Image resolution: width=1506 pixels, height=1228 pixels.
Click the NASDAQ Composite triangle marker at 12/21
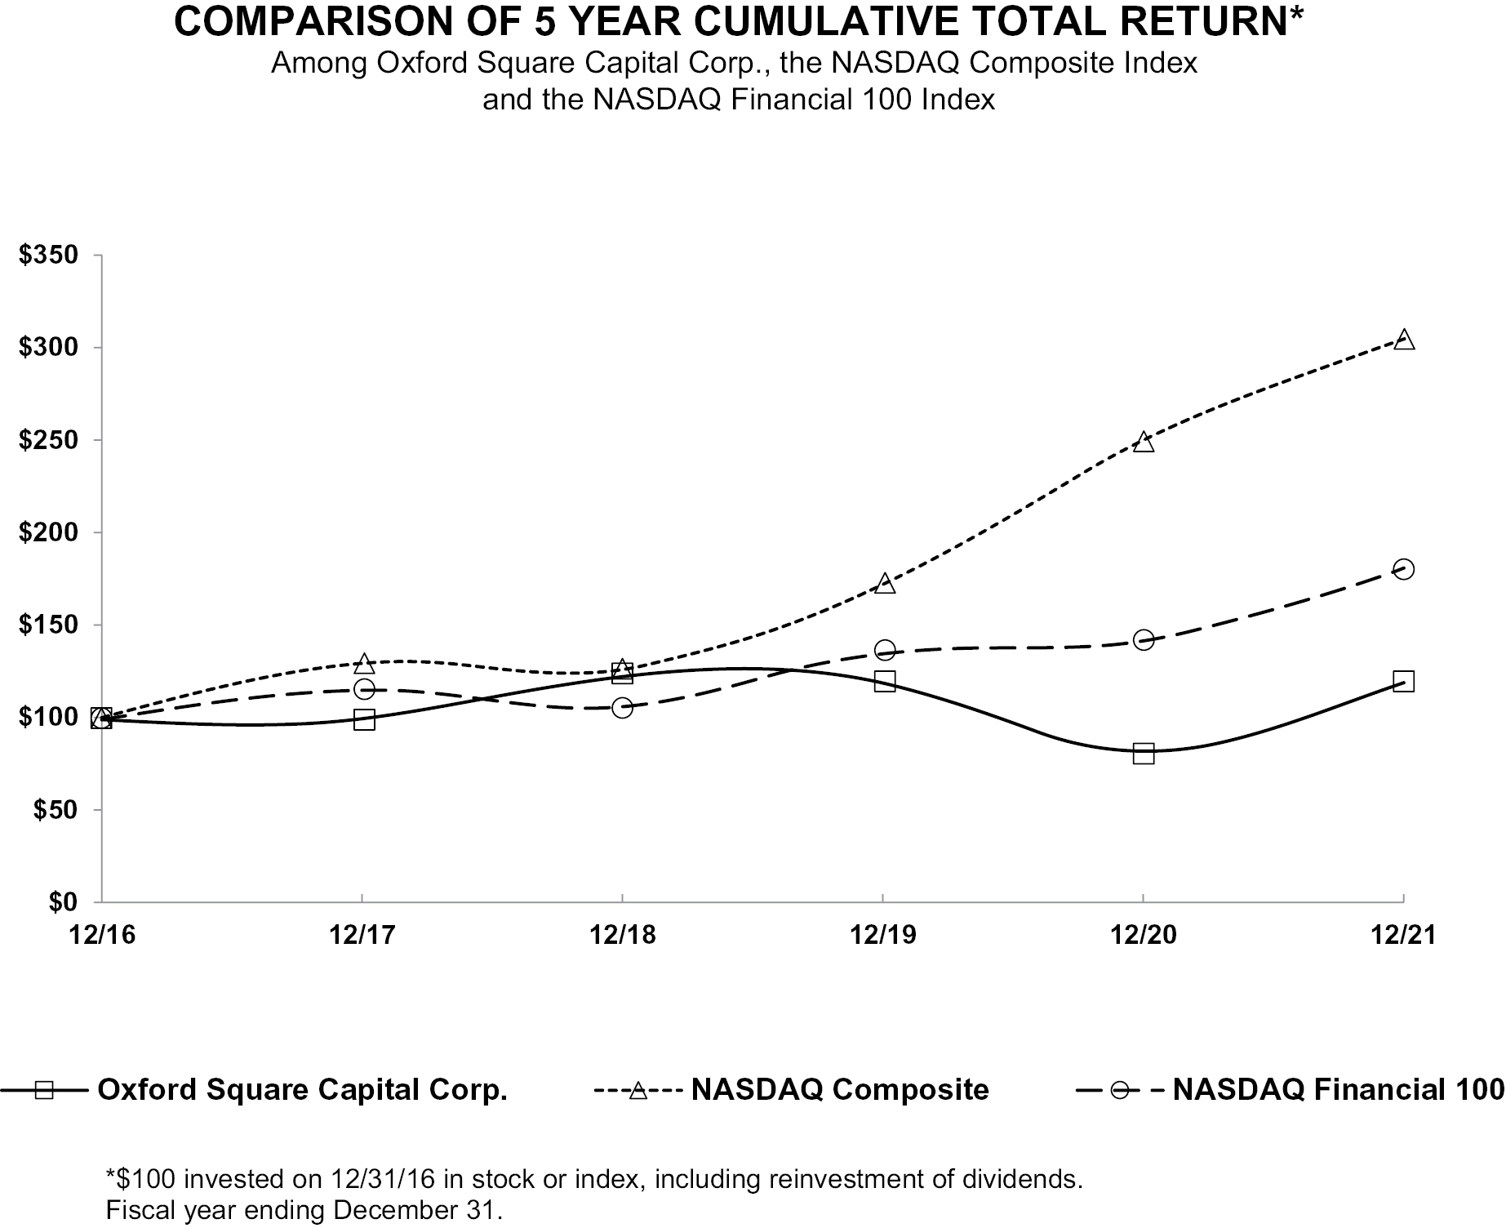click(1403, 340)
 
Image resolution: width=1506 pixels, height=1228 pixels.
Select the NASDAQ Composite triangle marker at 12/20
click(1144, 442)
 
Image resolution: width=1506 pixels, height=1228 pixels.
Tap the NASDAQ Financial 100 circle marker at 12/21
click(1403, 569)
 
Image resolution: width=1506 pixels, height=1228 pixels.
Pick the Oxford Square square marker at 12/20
click(1144, 753)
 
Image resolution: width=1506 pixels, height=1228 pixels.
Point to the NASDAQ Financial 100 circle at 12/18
click(622, 708)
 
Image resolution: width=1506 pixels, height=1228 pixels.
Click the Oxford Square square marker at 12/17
click(364, 719)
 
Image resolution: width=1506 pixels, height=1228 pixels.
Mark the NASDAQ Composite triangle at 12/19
click(885, 583)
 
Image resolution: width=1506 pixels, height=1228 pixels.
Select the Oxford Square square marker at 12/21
click(1403, 681)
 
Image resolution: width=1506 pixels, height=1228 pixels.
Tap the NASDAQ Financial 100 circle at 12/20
click(1144, 639)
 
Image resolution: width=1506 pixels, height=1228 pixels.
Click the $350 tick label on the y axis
click(49, 256)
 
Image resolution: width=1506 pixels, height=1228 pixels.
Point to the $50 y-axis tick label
click(56, 810)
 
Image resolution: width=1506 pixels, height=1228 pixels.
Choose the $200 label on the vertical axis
click(49, 532)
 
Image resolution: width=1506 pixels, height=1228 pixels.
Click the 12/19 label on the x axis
click(883, 935)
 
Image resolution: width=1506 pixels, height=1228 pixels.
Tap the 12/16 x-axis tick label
click(103, 935)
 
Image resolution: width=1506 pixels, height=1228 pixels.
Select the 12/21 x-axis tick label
click(1403, 935)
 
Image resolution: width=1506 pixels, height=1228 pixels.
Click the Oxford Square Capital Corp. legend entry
click(254, 1090)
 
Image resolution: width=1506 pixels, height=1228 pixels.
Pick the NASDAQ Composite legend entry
click(792, 1090)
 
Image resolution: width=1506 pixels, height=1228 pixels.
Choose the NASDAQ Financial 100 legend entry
click(1291, 1090)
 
